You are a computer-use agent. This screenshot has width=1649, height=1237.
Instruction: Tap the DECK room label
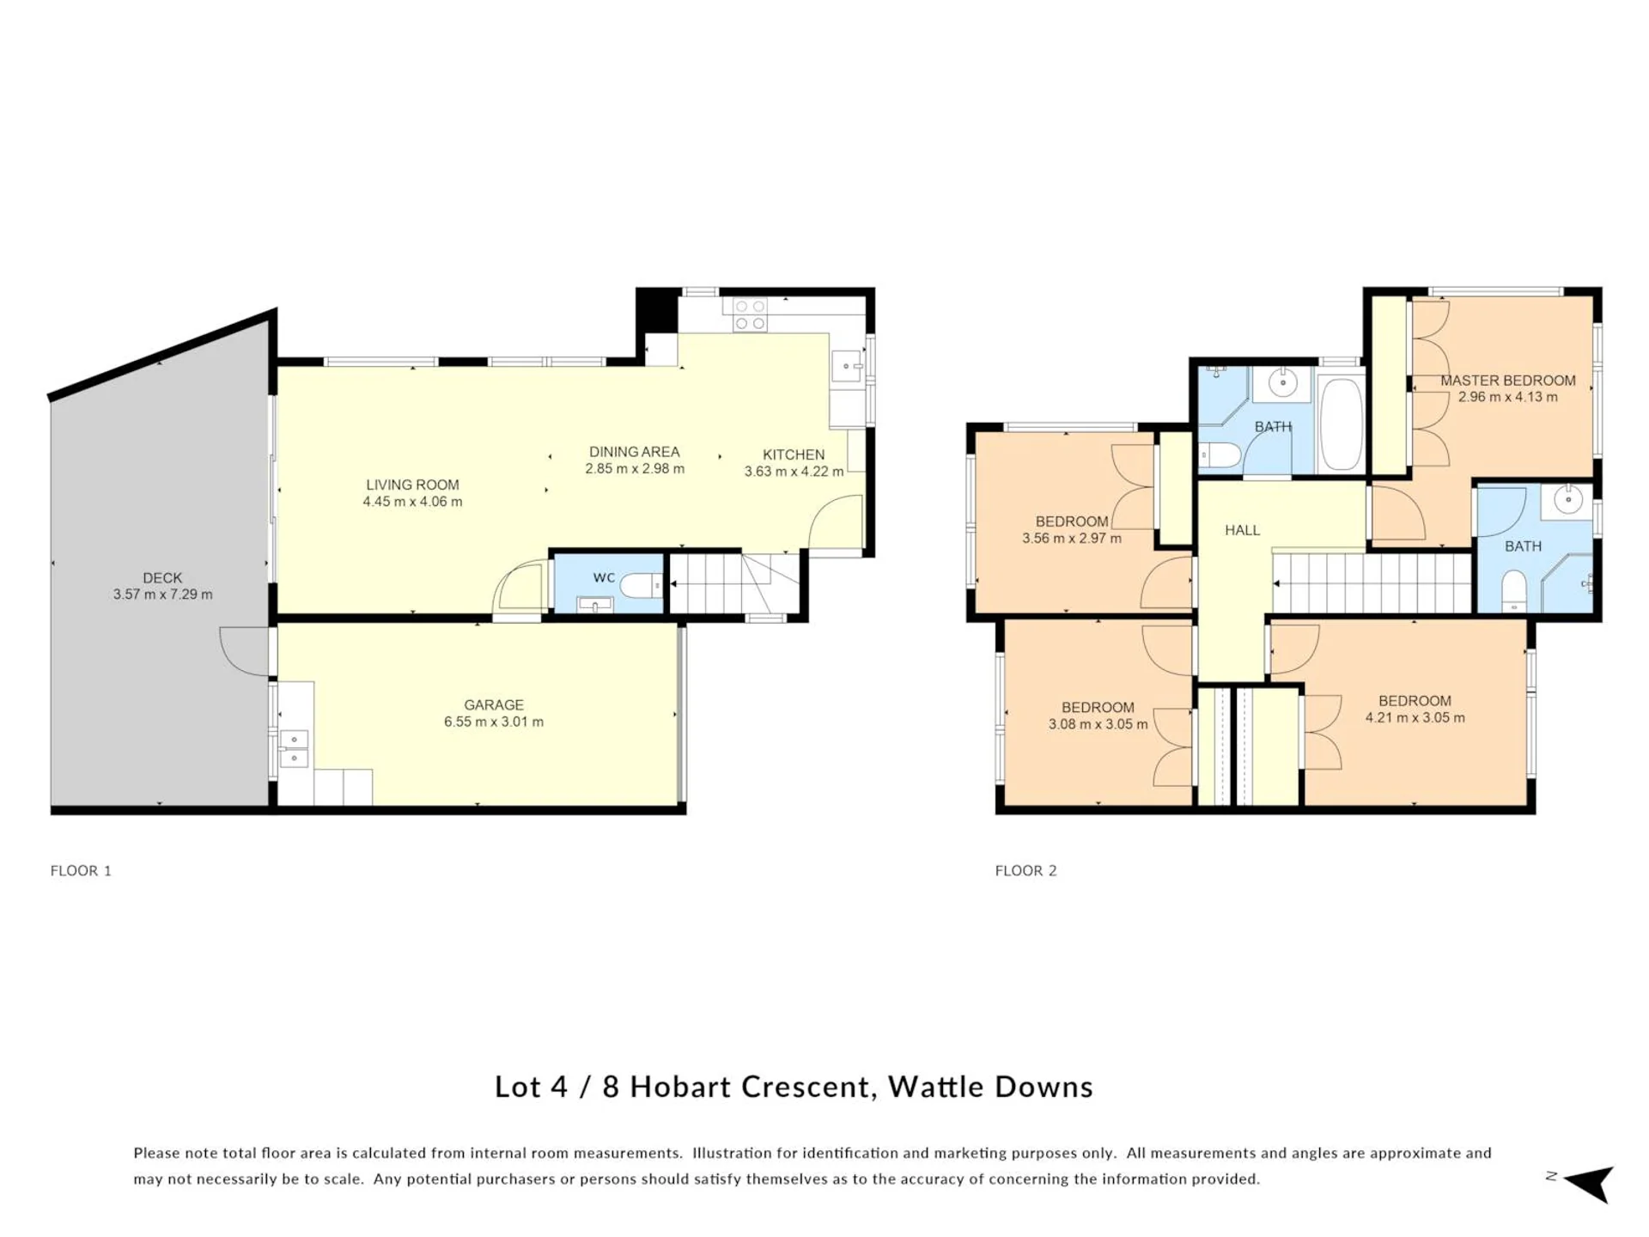(162, 578)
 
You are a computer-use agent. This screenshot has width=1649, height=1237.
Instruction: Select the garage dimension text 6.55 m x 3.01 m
(494, 722)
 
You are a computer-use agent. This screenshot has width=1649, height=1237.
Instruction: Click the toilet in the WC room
(641, 586)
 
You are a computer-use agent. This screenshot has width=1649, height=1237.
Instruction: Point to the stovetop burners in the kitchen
(749, 314)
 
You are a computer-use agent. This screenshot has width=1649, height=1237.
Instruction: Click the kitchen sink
(847, 367)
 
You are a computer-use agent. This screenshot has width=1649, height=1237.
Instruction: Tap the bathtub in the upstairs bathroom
(1340, 424)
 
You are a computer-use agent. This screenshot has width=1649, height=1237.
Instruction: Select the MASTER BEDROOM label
(1508, 381)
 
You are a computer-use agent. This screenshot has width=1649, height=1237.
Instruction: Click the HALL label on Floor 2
(1242, 531)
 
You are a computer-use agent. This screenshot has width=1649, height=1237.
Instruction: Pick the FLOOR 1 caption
(81, 870)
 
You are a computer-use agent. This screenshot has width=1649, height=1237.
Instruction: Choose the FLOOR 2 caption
(1025, 870)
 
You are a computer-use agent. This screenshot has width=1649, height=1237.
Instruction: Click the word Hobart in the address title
(681, 1087)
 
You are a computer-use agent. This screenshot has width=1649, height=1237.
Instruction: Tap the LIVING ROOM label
(412, 484)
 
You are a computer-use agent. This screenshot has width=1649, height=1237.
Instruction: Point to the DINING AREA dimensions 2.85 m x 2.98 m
(635, 469)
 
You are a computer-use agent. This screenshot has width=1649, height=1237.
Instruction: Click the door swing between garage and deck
(245, 650)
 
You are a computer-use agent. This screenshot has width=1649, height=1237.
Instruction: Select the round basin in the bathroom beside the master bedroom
(1568, 499)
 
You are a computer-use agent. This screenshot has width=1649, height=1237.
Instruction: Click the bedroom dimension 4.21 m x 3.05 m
(1415, 717)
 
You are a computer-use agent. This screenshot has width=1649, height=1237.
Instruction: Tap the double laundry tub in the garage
(294, 748)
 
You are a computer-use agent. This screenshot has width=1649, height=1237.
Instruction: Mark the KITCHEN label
(794, 454)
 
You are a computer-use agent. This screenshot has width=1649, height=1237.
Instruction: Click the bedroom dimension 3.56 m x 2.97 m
(1072, 539)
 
